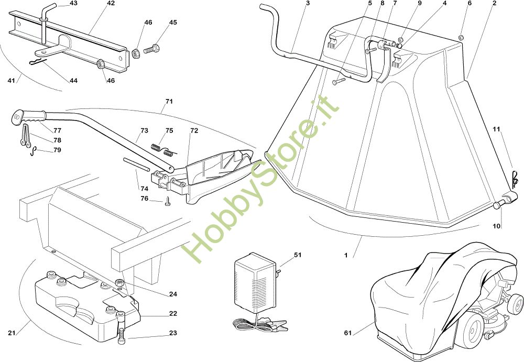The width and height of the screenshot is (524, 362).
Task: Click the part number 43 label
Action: tap(73, 4)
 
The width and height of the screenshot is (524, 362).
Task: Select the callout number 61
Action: tap(347, 332)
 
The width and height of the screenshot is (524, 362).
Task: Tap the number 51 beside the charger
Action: tap(298, 255)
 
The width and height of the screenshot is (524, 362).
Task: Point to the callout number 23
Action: tap(173, 333)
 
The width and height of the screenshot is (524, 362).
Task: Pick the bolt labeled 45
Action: tap(153, 49)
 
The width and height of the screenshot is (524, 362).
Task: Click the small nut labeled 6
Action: tap(461, 37)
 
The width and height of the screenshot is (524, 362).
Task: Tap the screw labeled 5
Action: tap(337, 81)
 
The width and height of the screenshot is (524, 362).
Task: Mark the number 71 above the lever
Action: tap(169, 101)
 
